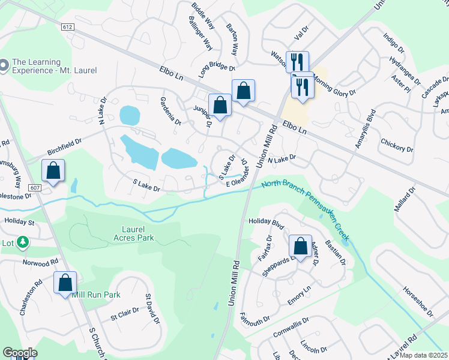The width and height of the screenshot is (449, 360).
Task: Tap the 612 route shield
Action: coord(67,27)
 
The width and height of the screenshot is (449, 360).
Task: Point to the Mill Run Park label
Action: coord(96,295)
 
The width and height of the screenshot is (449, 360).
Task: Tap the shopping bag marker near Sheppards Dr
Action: coord(300,245)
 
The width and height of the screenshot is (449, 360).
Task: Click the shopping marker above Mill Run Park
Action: coord(65,282)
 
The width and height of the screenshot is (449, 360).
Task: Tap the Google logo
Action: coord(20,353)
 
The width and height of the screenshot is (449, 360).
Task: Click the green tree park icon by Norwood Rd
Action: coord(23,242)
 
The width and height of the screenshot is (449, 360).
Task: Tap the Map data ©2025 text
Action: coord(423,355)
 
